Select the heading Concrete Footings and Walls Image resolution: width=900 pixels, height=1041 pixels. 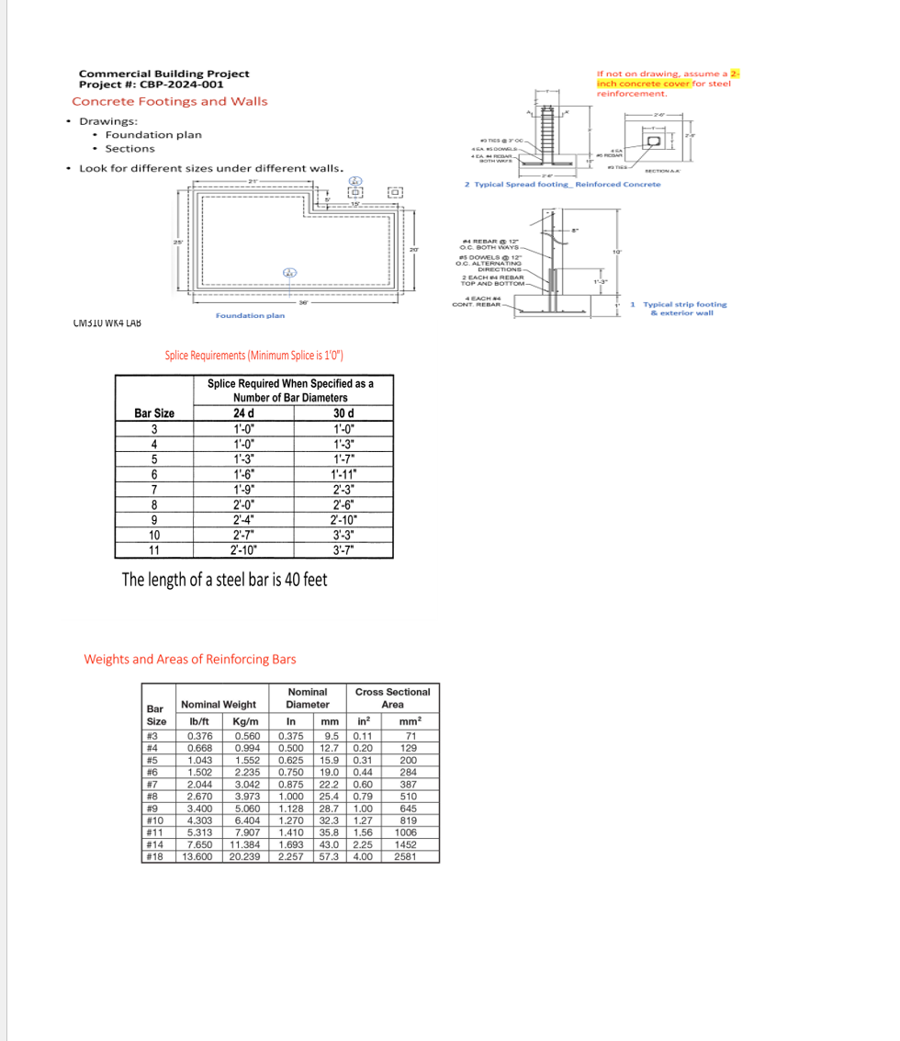pos(170,101)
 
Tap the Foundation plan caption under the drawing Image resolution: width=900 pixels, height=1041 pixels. pos(250,315)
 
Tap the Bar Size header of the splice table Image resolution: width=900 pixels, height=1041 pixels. pos(154,413)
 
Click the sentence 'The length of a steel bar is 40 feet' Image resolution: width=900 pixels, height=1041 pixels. pos(224,580)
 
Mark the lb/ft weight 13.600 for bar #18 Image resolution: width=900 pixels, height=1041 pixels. pos(198,856)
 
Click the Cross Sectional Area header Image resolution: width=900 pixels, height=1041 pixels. pos(392,697)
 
